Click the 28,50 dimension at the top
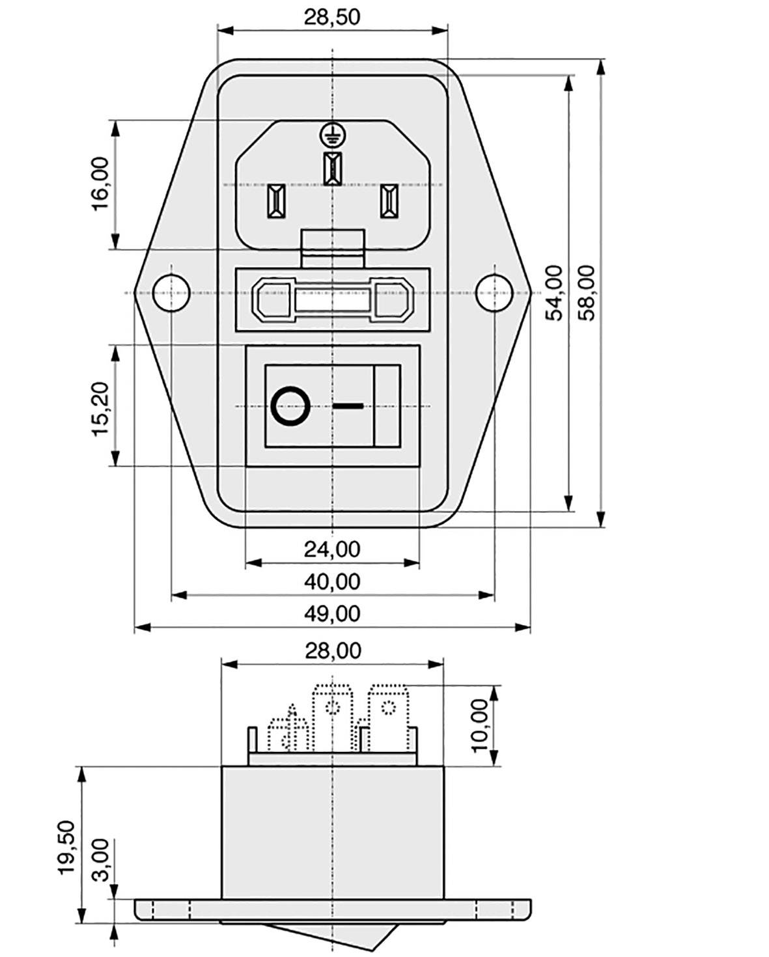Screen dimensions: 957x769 click(x=331, y=17)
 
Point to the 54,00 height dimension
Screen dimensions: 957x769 click(x=553, y=292)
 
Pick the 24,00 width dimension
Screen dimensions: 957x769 click(x=331, y=549)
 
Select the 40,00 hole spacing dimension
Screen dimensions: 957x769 click(x=331, y=581)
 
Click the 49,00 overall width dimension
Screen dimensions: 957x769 click(x=331, y=613)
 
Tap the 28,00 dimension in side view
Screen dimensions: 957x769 click(x=333, y=650)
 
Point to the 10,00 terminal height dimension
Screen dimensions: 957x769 click(x=480, y=725)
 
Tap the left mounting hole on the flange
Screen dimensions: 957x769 click(x=170, y=292)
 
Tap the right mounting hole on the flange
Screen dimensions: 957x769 click(x=494, y=292)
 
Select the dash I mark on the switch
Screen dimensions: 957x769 click(x=348, y=406)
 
